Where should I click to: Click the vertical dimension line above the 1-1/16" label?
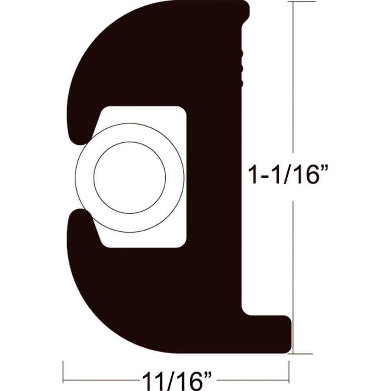tap(293, 78)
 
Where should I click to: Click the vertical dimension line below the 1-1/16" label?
tap(293, 274)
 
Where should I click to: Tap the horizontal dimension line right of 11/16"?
tap(250, 380)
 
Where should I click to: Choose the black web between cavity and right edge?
tap(213, 176)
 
